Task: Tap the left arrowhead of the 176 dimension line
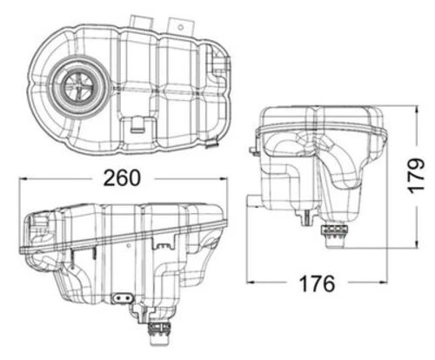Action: point(251,283)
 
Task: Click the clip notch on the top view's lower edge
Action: point(138,124)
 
